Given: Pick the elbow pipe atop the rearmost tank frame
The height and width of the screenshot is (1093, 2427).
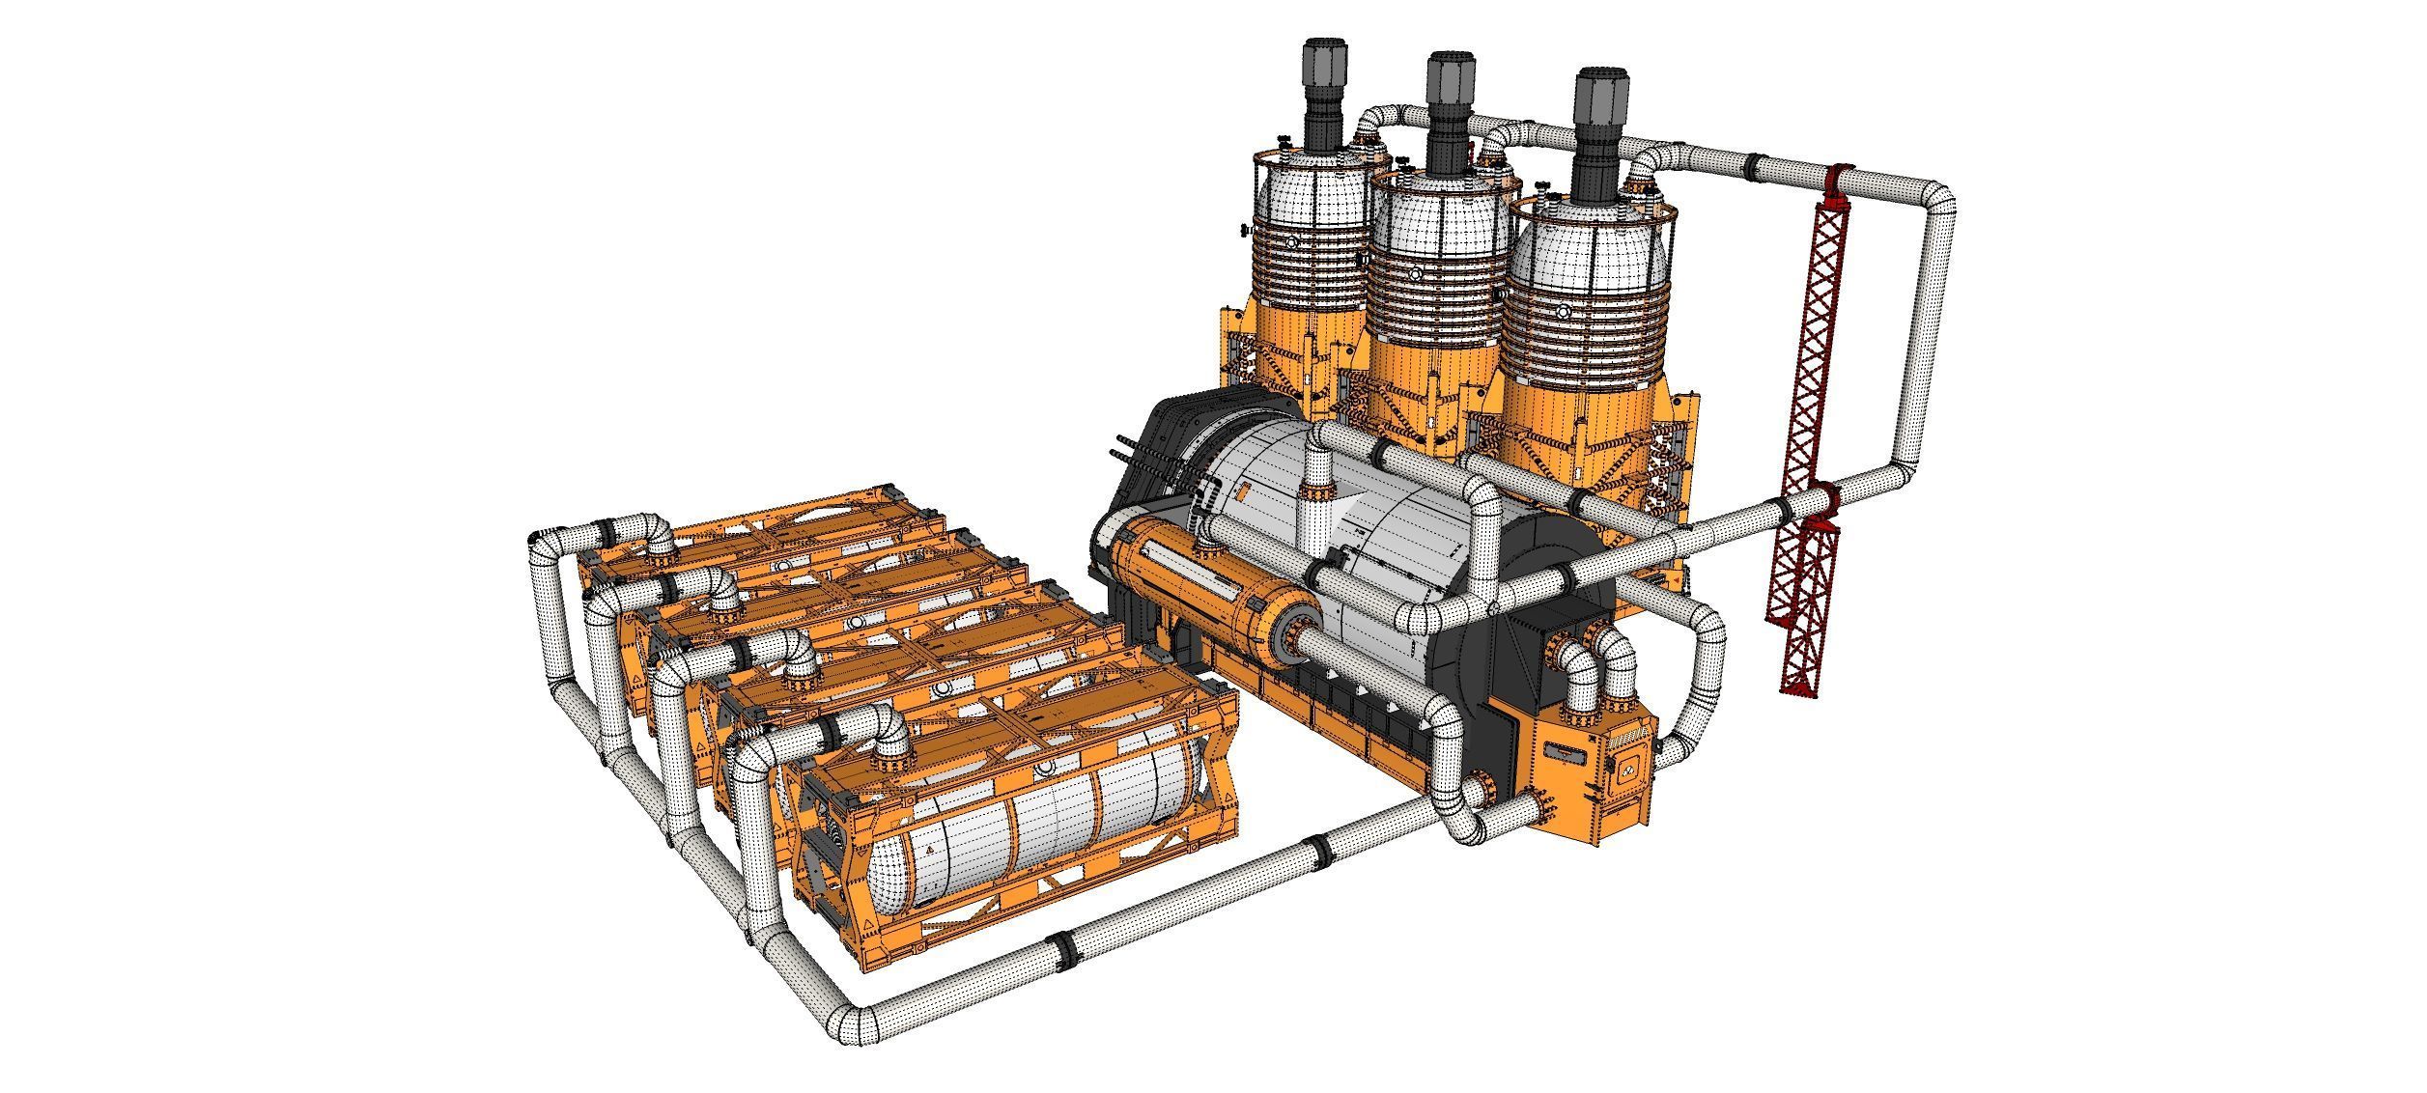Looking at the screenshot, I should pyautogui.click(x=657, y=536).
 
